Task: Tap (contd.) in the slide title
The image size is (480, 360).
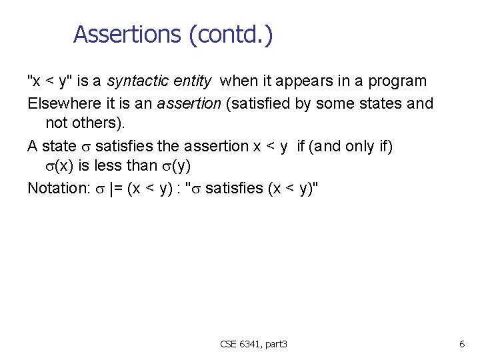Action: pos(231,34)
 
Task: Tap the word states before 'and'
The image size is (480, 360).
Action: pos(381,103)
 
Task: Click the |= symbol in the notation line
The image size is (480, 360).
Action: pos(111,188)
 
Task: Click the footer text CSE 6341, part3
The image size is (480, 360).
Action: pos(253,344)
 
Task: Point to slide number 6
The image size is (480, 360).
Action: pos(461,344)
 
